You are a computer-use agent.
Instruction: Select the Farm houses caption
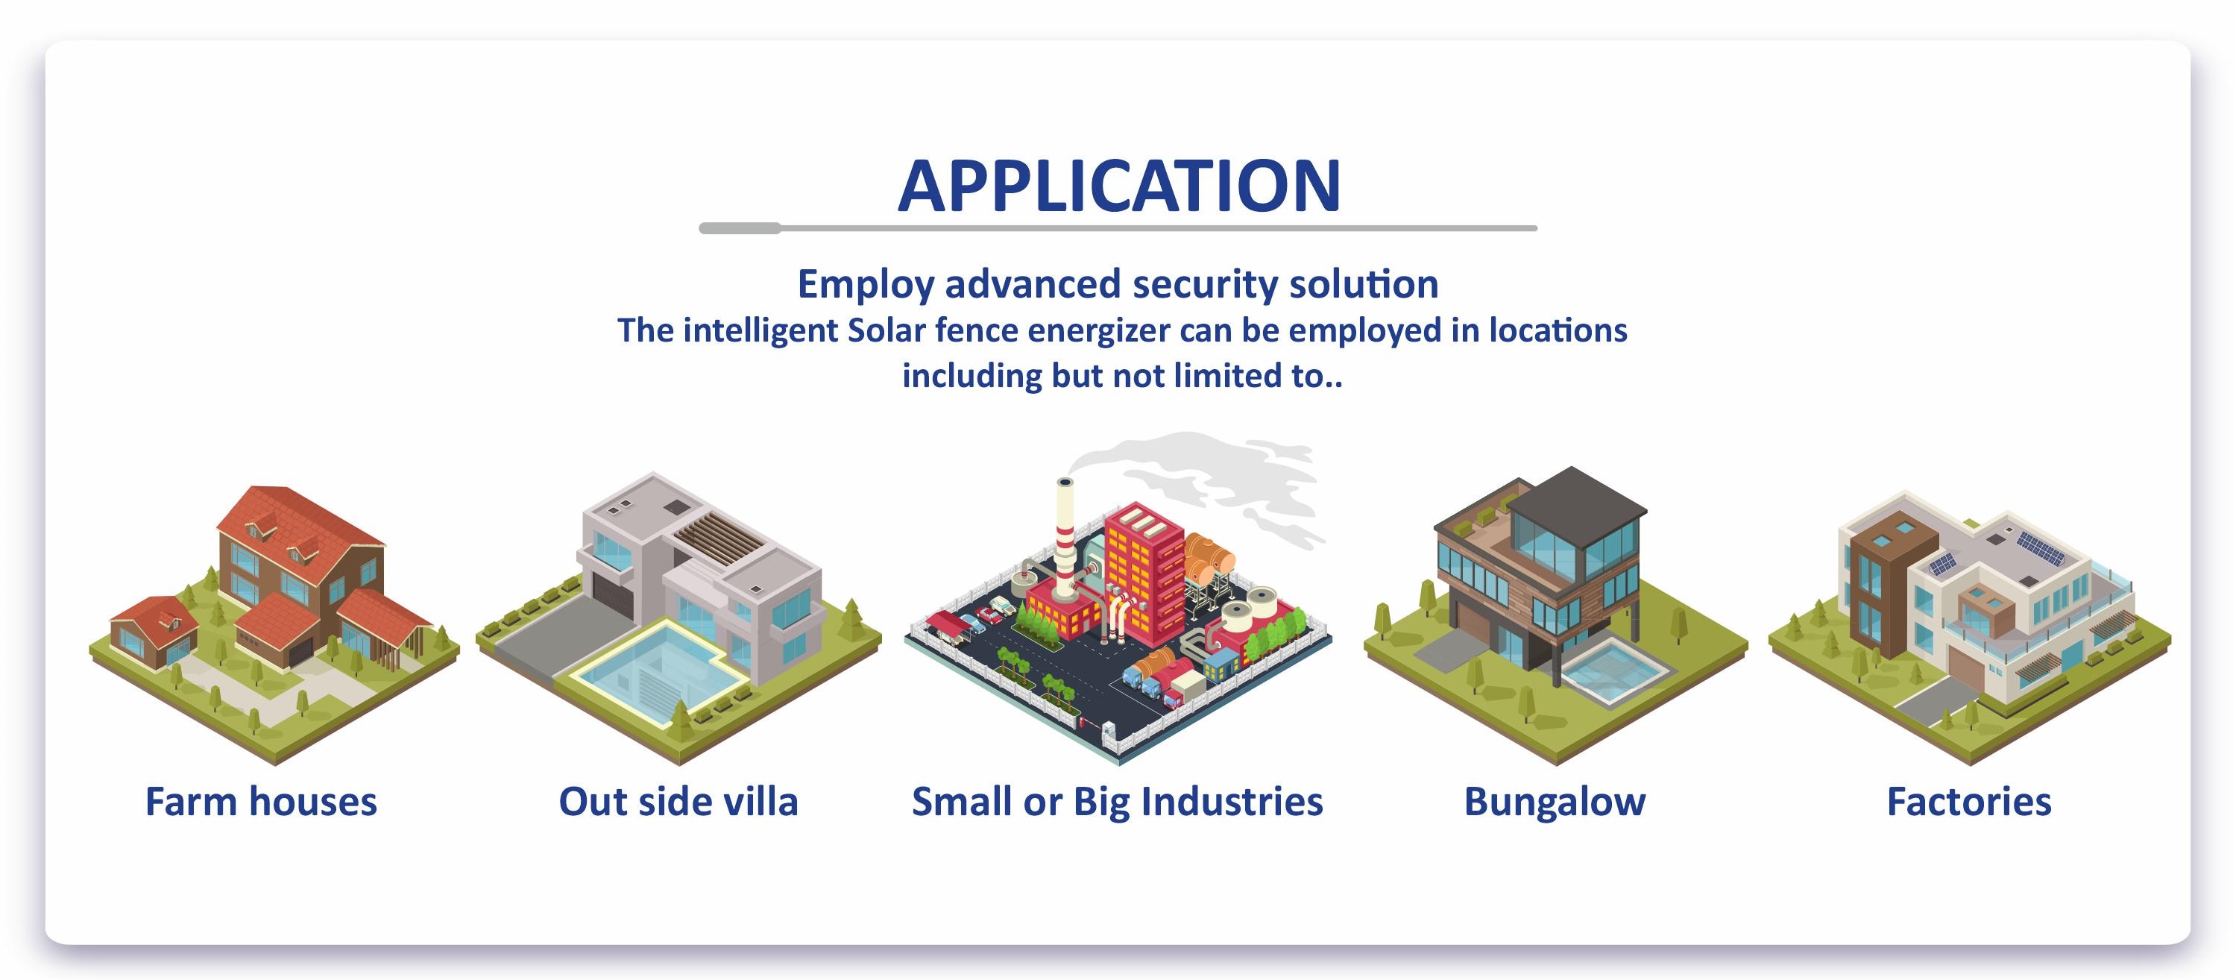261,801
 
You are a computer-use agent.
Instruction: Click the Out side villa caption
678,801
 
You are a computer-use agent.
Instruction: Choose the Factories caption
1968,801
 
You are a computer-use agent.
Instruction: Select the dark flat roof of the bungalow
1575,503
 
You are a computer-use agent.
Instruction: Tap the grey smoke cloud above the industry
1206,482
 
